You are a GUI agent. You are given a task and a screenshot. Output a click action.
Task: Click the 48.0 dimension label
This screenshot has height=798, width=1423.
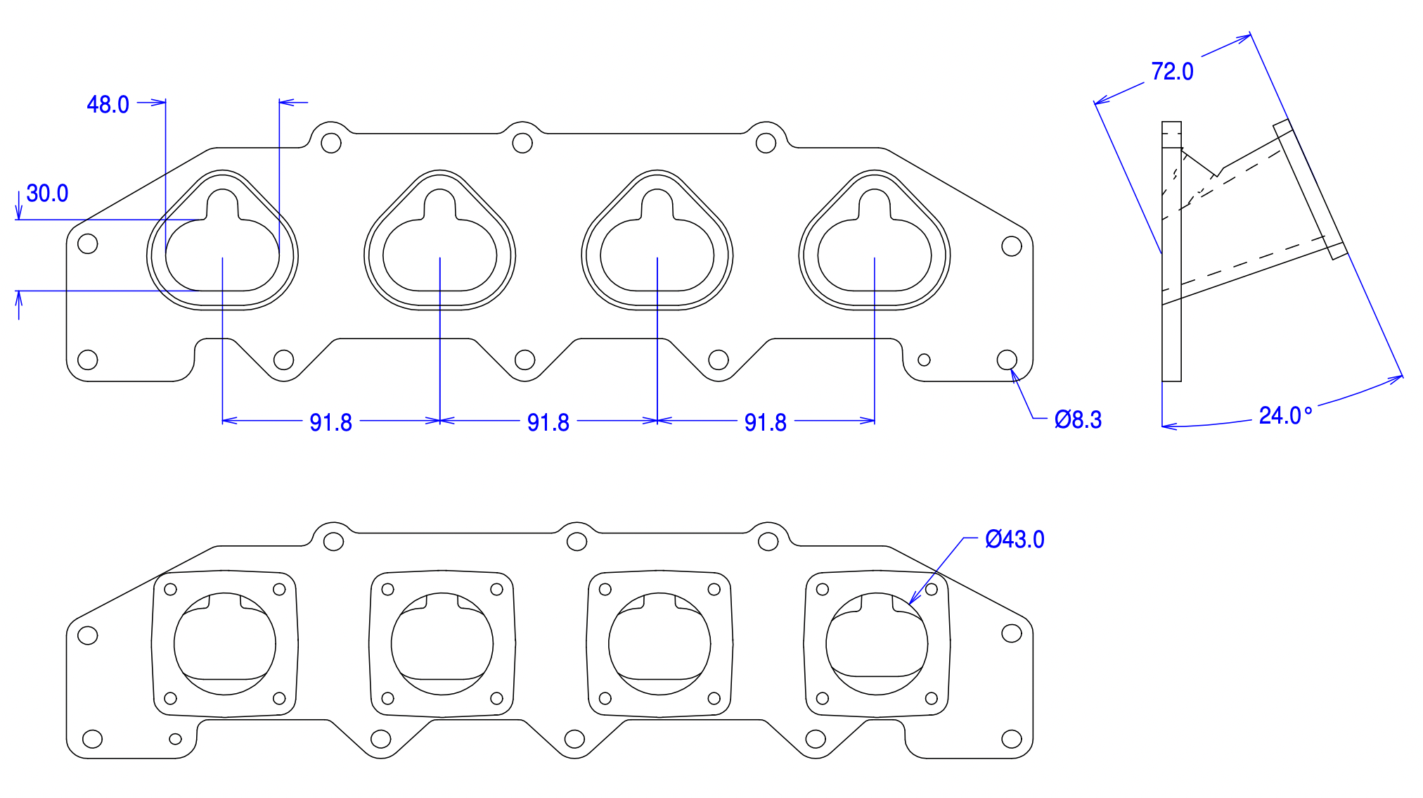click(x=108, y=105)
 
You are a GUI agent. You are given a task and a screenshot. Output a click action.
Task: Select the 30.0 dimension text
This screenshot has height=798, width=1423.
click(x=47, y=194)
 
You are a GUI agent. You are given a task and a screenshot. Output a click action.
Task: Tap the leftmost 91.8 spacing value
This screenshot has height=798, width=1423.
click(x=330, y=422)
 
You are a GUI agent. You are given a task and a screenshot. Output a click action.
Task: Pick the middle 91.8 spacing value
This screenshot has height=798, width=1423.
click(x=548, y=422)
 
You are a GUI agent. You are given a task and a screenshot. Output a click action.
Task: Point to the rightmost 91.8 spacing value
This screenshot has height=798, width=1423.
click(x=765, y=422)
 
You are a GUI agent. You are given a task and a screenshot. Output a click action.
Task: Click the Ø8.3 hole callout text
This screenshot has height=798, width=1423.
click(x=1078, y=419)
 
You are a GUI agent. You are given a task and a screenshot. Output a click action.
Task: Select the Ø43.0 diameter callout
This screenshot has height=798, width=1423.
click(x=1015, y=539)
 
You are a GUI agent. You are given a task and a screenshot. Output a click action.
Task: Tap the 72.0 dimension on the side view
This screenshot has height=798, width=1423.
click(x=1172, y=72)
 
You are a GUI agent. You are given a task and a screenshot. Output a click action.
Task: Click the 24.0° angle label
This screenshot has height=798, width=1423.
click(x=1285, y=416)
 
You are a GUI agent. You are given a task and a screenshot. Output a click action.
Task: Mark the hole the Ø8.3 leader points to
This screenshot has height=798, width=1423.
click(x=1007, y=360)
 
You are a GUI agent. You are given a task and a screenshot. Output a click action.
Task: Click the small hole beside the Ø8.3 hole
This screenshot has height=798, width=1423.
click(x=924, y=360)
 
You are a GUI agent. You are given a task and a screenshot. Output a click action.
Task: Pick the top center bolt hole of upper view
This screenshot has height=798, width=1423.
click(x=522, y=143)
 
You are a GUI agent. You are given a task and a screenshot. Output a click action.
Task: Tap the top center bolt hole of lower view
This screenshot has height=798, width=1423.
click(x=577, y=541)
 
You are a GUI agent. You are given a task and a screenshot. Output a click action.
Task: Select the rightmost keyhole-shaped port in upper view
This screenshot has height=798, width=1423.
click(x=875, y=240)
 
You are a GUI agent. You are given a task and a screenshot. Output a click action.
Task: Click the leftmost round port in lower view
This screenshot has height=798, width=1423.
click(x=225, y=643)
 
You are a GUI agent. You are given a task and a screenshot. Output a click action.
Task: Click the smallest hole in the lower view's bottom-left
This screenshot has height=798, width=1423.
click(x=176, y=738)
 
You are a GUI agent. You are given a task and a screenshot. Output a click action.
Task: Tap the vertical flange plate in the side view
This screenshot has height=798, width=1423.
click(x=1171, y=251)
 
